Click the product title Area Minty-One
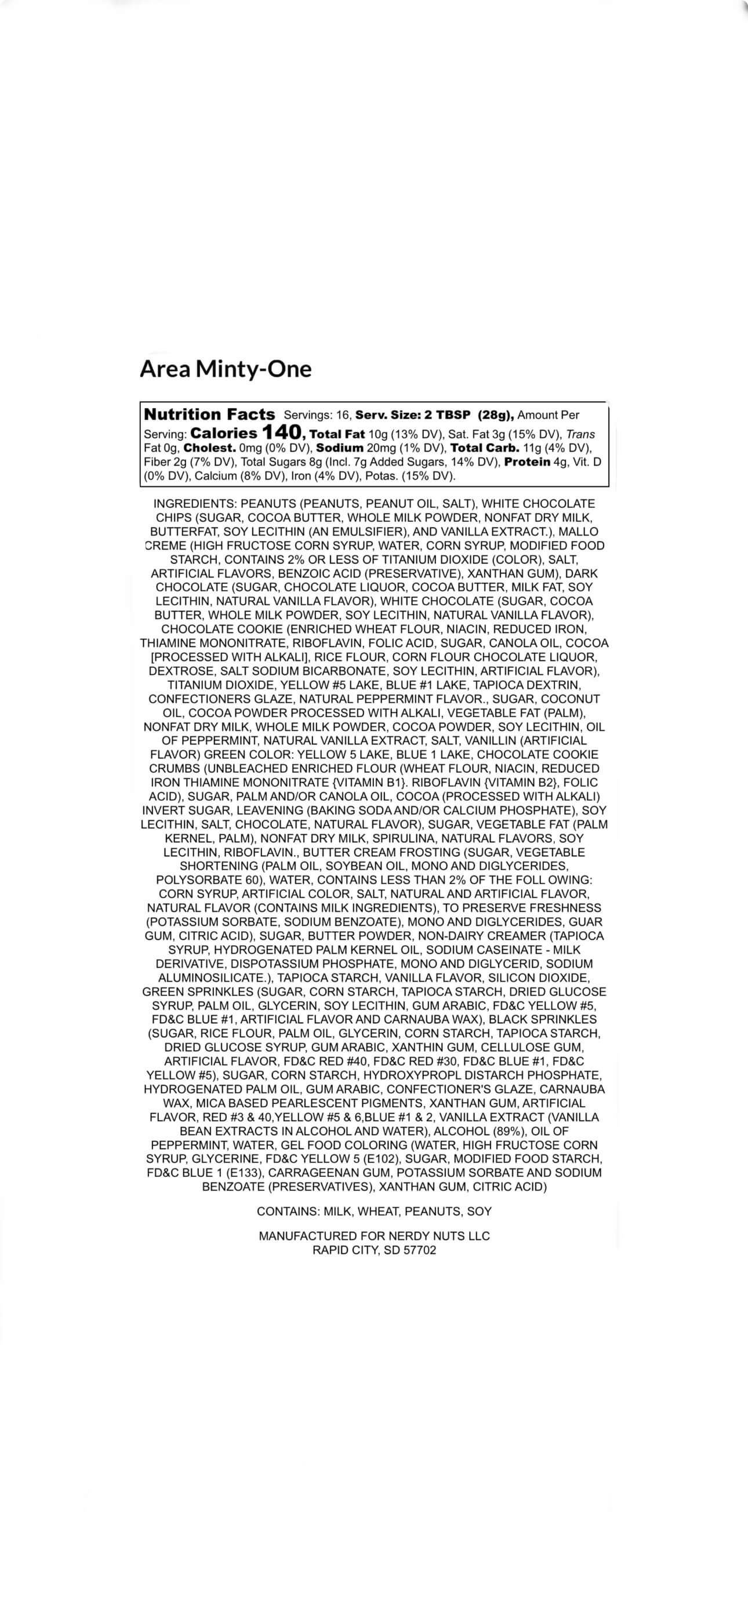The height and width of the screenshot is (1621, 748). pos(226,369)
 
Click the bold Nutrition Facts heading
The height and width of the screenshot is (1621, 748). pos(210,414)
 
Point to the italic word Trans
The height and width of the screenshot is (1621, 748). pos(580,434)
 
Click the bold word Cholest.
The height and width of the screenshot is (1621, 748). pos(210,448)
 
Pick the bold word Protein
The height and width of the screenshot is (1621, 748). pos(527,462)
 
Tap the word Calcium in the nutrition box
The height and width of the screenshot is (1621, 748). pos(215,476)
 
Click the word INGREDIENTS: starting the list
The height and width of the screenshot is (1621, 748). pos(195,503)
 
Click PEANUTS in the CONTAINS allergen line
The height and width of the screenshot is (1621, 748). pos(433,1211)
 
